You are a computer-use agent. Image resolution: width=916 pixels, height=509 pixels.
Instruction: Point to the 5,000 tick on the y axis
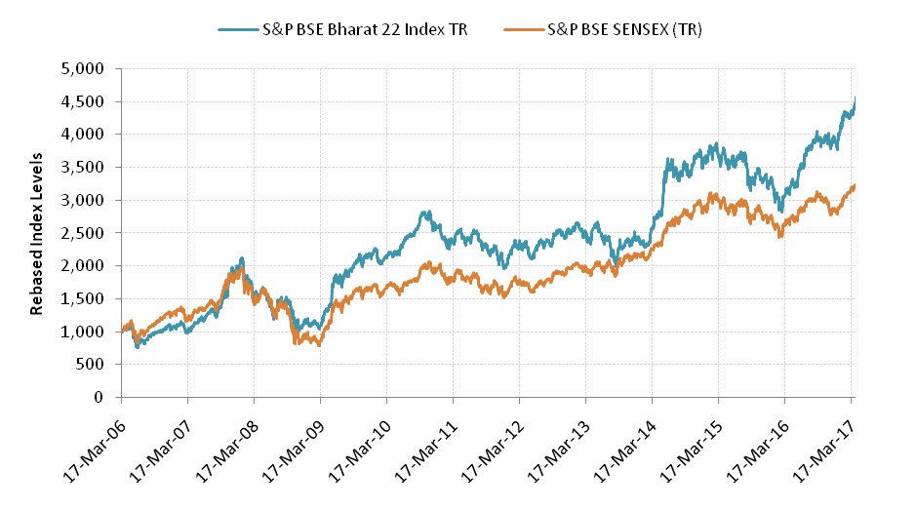click(82, 68)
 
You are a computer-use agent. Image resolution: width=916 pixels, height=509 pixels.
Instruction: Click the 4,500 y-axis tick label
click(82, 101)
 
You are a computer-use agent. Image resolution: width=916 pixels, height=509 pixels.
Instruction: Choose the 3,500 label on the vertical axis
click(82, 167)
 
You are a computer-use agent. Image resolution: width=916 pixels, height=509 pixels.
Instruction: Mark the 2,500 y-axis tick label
click(82, 233)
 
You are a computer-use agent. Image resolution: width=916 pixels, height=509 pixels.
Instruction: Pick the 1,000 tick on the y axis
click(82, 332)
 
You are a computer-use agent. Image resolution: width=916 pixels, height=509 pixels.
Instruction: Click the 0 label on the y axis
click(99, 398)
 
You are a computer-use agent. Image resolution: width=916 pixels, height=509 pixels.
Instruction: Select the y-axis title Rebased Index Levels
click(37, 233)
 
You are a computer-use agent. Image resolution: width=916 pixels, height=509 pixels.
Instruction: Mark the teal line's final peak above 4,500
click(856, 98)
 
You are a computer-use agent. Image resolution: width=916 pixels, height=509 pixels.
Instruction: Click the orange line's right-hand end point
click(856, 184)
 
